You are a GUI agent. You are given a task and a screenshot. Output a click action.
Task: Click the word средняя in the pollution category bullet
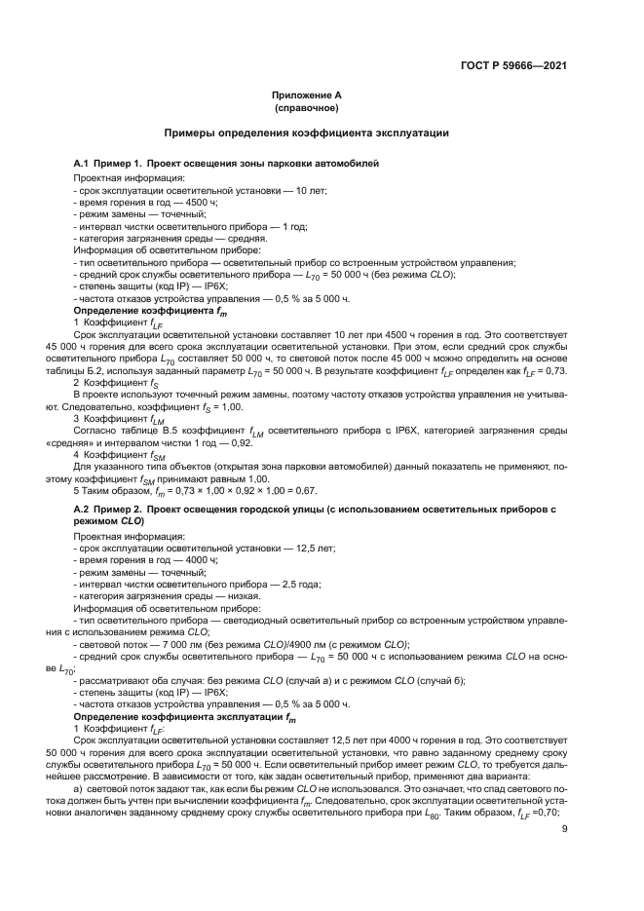click(x=247, y=238)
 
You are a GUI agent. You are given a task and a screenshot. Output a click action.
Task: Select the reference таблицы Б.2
click(x=72, y=373)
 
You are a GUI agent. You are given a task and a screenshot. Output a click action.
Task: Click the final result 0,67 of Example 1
click(x=306, y=491)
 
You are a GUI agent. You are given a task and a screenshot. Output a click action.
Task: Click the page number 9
click(x=565, y=829)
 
